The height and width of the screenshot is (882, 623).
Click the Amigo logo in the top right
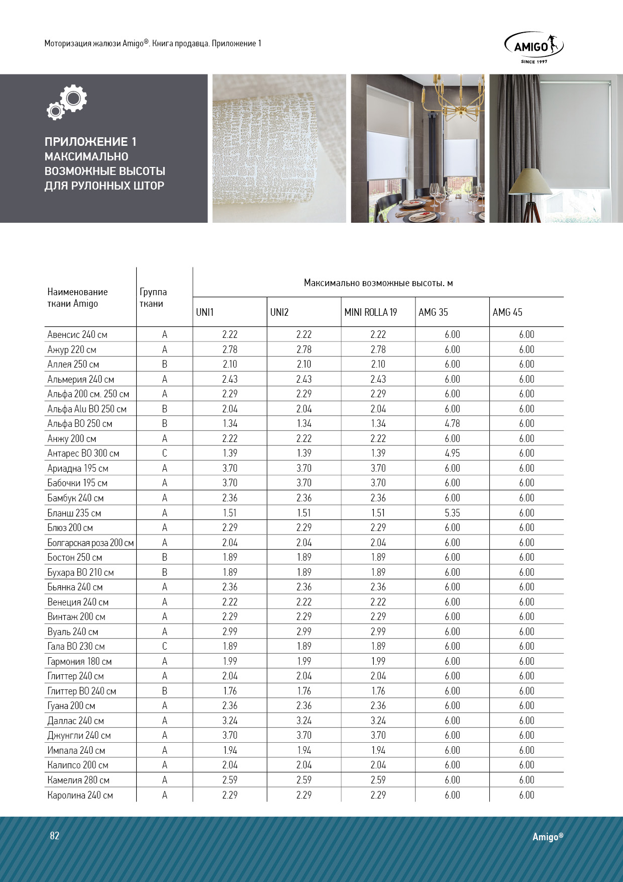click(534, 47)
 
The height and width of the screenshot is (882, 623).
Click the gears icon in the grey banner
click(67, 102)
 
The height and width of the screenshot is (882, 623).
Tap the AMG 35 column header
click(433, 312)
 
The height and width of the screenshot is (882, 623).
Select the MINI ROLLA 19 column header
click(370, 312)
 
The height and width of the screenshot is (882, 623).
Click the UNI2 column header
click(279, 312)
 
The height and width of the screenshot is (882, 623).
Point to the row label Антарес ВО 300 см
click(83, 454)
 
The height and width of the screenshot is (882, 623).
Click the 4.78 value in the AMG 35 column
click(452, 423)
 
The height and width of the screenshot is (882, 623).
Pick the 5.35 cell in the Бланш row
click(452, 513)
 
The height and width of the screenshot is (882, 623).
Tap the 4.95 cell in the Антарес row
click(452, 454)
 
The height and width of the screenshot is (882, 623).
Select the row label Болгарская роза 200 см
click(90, 543)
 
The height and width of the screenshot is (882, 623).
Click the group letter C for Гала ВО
click(164, 646)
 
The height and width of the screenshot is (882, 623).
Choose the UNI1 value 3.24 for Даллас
click(230, 721)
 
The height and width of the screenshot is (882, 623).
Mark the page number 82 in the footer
click(55, 836)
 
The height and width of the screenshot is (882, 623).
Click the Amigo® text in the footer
click(548, 837)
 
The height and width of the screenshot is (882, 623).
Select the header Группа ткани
click(153, 298)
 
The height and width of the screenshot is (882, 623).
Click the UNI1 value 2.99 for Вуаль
click(230, 632)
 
